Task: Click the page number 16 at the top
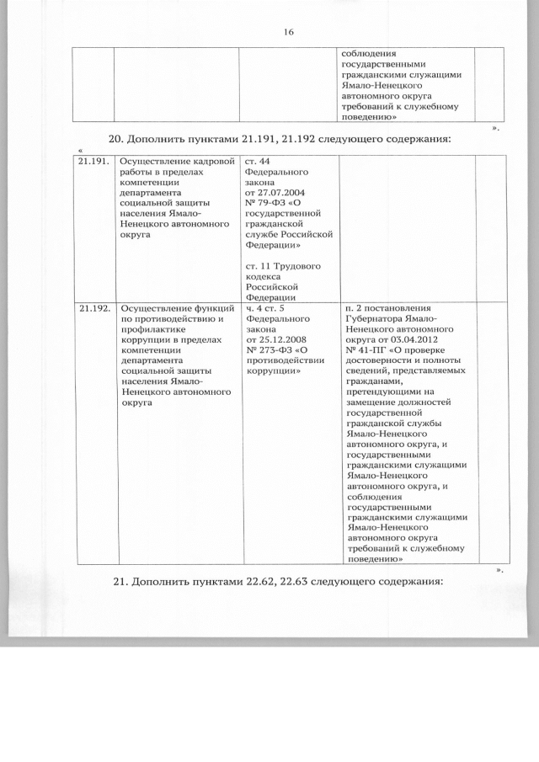coord(288,32)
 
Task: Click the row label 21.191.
coord(94,160)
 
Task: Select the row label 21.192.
coord(94,308)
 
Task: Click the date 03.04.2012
coord(412,339)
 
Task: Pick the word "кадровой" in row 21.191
coord(205,160)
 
